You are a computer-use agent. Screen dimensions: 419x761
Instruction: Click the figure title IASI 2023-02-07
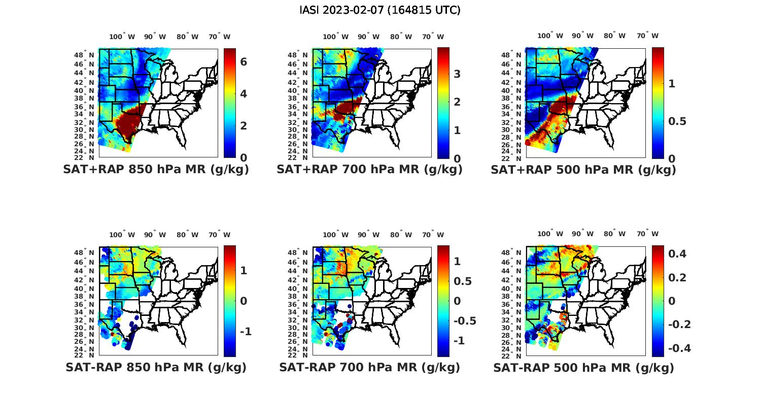pos(380,10)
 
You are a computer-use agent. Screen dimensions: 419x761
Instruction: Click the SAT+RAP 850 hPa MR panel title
pos(156,170)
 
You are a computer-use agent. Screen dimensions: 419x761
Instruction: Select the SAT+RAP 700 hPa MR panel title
pos(369,170)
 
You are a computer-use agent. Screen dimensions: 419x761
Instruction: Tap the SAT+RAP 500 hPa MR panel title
pos(583,170)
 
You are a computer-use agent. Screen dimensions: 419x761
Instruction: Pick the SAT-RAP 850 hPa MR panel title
pos(156,367)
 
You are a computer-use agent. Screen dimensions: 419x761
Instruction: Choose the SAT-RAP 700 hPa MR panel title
pos(369,367)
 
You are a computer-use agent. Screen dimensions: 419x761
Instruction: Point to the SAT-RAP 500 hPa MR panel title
pos(583,368)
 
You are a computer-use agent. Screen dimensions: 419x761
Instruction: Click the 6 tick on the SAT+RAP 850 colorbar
pos(244,62)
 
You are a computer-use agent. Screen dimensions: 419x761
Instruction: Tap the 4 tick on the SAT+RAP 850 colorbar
pos(244,94)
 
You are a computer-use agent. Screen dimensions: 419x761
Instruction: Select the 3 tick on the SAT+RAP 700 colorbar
pos(457,74)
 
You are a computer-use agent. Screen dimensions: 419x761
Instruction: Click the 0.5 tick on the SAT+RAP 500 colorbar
pos(677,121)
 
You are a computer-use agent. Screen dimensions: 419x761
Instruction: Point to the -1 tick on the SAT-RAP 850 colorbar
pos(246,332)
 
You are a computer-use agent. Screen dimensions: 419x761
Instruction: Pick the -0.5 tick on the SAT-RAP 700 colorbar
pos(464,321)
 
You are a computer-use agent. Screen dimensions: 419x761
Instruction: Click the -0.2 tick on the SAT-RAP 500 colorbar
pos(679,325)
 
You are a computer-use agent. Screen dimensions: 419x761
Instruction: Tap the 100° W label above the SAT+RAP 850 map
pos(122,37)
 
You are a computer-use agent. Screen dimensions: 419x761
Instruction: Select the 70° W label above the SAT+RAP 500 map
pos(647,36)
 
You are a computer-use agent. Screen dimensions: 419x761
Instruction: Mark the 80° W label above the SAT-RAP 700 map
pos(401,235)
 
